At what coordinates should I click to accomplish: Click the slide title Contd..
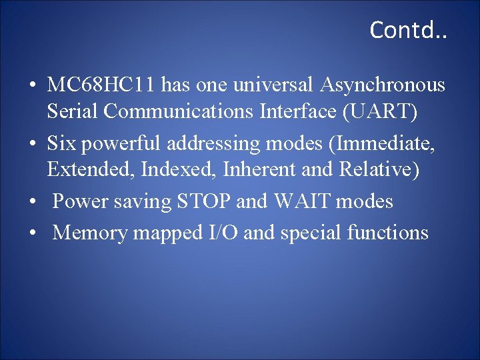[409, 30]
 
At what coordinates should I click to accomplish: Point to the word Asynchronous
[383, 85]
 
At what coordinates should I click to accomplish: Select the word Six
[62, 143]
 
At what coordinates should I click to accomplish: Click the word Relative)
[379, 170]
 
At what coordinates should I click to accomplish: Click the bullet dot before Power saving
[32, 202]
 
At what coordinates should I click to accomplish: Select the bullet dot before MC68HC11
[32, 87]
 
